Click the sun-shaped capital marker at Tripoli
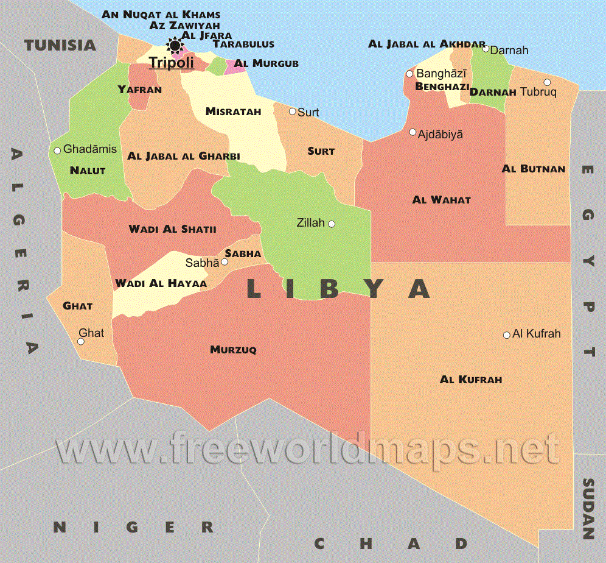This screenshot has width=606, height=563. click(x=175, y=44)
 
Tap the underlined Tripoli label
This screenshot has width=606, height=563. click(x=171, y=62)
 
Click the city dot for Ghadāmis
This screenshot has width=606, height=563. click(x=57, y=150)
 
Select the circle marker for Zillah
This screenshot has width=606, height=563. click(x=332, y=224)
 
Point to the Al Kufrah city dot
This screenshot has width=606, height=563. click(x=506, y=335)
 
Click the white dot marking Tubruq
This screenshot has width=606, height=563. click(x=547, y=82)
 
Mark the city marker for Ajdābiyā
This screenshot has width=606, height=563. click(x=413, y=132)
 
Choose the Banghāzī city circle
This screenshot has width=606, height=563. click(x=409, y=74)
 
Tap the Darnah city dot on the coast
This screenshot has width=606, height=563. click(x=486, y=49)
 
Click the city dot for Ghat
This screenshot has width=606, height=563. click(x=80, y=341)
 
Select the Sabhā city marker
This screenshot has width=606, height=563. click(x=225, y=262)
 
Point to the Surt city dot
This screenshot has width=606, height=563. click(x=292, y=112)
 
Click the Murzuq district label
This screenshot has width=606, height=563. click(x=233, y=350)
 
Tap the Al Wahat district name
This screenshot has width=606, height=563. click(x=441, y=200)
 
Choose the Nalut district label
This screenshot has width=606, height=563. click(x=88, y=171)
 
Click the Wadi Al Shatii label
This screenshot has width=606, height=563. click(x=172, y=229)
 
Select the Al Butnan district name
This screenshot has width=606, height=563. click(x=533, y=169)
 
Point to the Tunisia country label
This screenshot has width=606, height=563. click(x=60, y=45)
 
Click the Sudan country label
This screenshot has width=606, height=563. click(x=588, y=509)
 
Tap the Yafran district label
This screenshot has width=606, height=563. click(x=139, y=90)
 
